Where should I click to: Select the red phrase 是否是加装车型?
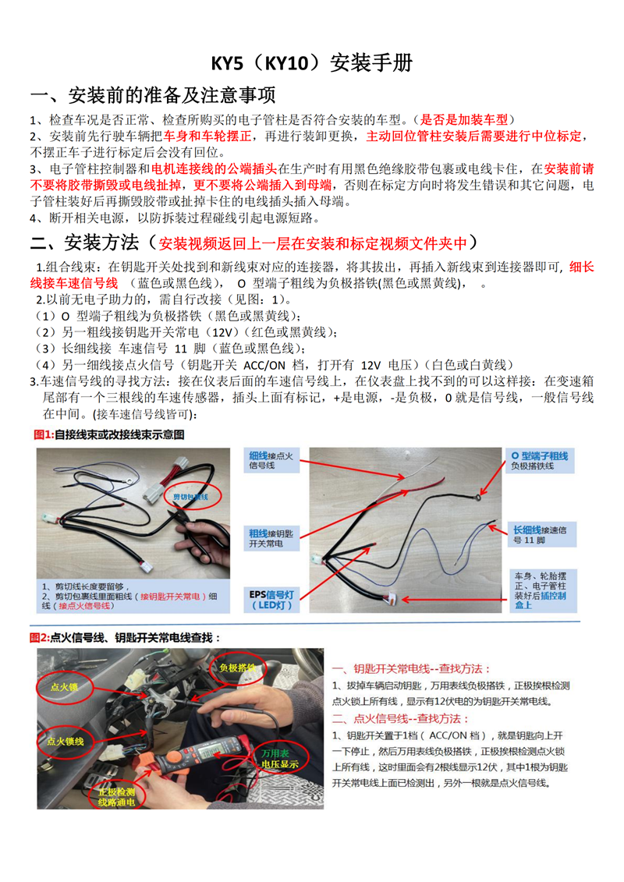[x=464, y=120]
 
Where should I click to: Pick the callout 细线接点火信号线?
[x=271, y=459]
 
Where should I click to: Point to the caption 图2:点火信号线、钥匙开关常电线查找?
[x=125, y=637]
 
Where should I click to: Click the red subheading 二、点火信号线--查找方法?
[x=411, y=718]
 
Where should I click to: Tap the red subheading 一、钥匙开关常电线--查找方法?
[x=411, y=669]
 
